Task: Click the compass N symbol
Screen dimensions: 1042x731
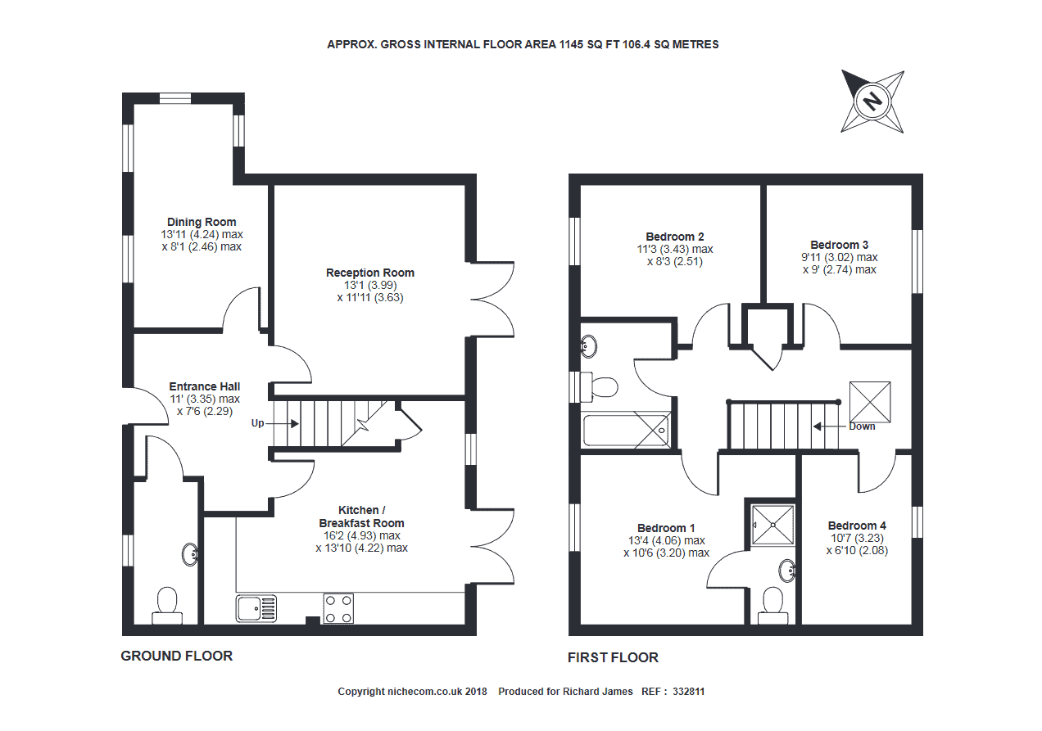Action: pos(872,102)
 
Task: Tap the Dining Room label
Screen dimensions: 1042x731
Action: pos(202,222)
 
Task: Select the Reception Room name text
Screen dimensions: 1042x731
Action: pos(370,273)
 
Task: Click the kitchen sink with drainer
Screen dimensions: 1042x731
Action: pos(256,608)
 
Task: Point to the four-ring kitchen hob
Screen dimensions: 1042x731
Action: pos(338,608)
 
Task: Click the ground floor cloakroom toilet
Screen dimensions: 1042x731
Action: pos(167,606)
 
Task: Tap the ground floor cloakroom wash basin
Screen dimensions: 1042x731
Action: pos(190,554)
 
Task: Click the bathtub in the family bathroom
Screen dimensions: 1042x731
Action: pos(626,431)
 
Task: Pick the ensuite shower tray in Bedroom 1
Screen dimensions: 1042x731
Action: pos(773,526)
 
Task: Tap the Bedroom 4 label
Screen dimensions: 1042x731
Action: pos(857,526)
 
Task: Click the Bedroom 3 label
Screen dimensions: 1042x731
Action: pos(839,245)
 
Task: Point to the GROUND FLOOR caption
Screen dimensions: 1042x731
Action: pos(177,657)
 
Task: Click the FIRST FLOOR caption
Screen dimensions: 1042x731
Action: pos(613,657)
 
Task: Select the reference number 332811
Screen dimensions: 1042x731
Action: pos(688,692)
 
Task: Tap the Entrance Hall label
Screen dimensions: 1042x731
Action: pos(205,386)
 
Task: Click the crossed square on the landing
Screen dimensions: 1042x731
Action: pos(870,402)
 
